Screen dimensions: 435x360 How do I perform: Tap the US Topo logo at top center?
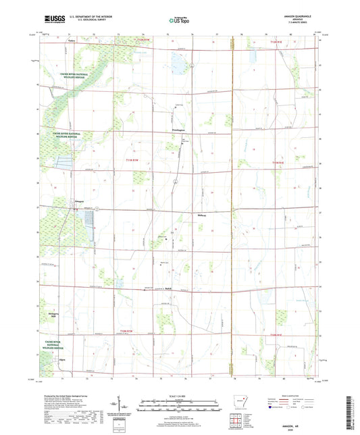[179, 21]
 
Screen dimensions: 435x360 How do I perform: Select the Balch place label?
[169, 290]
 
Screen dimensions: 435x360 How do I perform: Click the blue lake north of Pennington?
[178, 65]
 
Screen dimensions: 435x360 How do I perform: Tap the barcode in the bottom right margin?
[351, 412]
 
